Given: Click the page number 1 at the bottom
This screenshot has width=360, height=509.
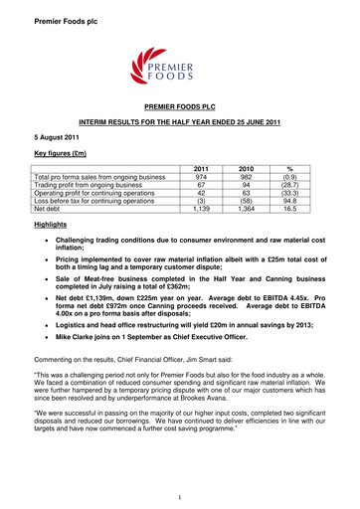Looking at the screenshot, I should point(180,496).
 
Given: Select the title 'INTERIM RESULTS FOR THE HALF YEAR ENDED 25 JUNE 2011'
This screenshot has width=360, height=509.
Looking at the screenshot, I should point(179,117).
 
